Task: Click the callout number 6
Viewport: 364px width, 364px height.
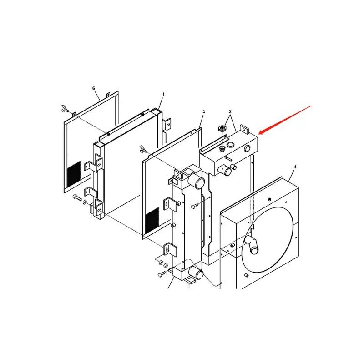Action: pyautogui.click(x=94, y=88)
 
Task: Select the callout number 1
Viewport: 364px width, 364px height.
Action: pyautogui.click(x=163, y=95)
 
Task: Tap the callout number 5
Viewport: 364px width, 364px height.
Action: pyautogui.click(x=204, y=111)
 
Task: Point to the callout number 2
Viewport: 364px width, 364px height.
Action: pyautogui.click(x=230, y=111)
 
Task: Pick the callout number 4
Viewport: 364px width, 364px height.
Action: pyautogui.click(x=295, y=167)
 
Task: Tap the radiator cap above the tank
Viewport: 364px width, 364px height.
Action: pyautogui.click(x=222, y=128)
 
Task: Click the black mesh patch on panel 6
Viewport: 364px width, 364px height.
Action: pyautogui.click(x=74, y=174)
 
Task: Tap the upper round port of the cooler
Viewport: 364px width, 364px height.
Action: pyautogui.click(x=197, y=181)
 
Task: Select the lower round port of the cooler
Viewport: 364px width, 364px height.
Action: pyautogui.click(x=196, y=273)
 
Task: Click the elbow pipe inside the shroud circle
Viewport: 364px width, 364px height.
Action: pyautogui.click(x=253, y=245)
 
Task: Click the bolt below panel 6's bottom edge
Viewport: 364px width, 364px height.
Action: pyautogui.click(x=77, y=197)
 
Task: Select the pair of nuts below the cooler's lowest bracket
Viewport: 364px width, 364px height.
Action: pyautogui.click(x=163, y=264)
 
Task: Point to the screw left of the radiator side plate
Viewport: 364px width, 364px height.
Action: pyautogui.click(x=195, y=206)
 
